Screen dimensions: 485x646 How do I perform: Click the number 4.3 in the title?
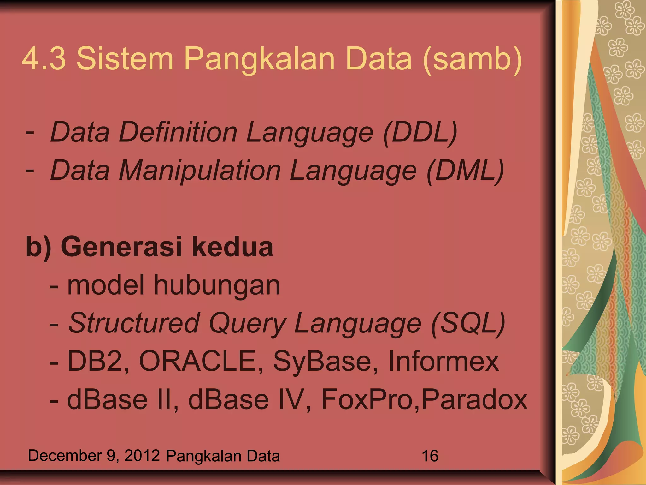coord(44,59)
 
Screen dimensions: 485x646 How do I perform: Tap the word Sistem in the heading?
coord(125,59)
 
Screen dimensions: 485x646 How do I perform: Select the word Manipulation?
coord(200,171)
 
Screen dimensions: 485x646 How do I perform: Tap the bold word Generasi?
coord(121,247)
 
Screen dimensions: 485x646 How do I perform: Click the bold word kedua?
coord(232,247)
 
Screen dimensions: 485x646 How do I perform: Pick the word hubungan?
coord(217,285)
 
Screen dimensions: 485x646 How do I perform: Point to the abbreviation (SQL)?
coord(468,323)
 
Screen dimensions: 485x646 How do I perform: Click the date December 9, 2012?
coord(94,456)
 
